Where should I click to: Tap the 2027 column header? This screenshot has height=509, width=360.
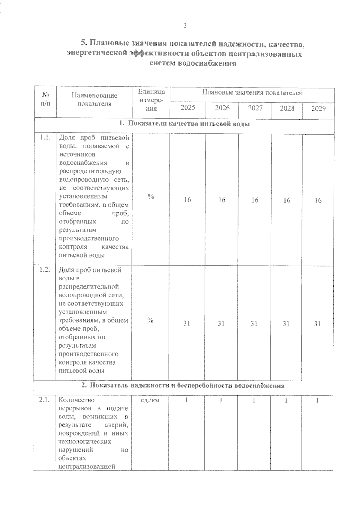tap(255, 108)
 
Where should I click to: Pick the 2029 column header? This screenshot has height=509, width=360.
tap(318, 109)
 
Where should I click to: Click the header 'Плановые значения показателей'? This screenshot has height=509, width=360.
tap(252, 93)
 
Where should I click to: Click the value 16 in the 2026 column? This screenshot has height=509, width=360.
tap(222, 200)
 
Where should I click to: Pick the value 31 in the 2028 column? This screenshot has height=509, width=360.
tap(286, 323)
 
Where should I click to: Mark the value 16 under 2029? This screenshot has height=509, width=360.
tap(318, 201)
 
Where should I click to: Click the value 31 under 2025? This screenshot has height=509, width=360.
tap(187, 323)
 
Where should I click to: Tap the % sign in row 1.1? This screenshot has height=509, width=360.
tap(151, 197)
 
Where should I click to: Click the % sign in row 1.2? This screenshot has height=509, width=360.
tap(151, 320)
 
